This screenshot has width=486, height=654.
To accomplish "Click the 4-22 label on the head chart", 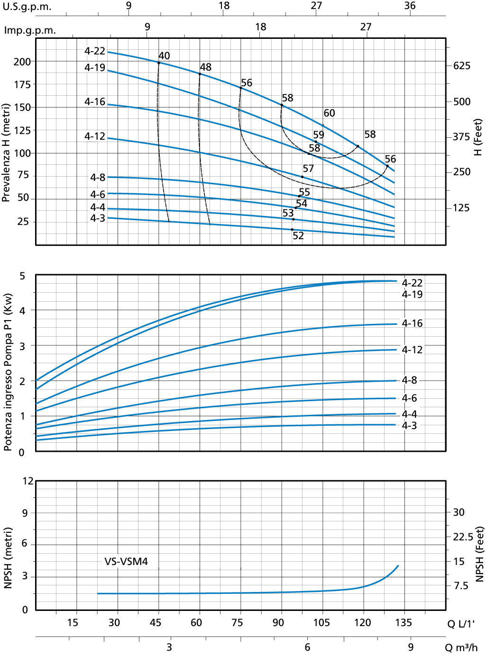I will tap(95, 51).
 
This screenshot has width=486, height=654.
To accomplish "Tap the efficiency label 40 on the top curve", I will tap(164, 56).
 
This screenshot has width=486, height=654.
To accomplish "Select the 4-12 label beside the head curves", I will tap(95, 136).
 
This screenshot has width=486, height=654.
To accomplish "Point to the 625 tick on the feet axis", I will tap(461, 66).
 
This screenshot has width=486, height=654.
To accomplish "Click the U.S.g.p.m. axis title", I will tap(27, 7).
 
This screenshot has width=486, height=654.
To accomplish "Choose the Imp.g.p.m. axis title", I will tap(30, 30).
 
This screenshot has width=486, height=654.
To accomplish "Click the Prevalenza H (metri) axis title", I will tap(6, 153).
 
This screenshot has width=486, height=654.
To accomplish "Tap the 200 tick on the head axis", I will tap(22, 62).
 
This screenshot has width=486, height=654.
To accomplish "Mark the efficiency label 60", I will tap(329, 113).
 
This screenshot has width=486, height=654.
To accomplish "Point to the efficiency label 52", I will tap(298, 236).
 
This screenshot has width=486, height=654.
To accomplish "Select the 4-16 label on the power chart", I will tap(412, 323).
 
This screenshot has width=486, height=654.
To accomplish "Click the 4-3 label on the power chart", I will tap(409, 426).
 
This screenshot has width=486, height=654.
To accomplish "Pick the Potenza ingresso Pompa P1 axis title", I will tap(7, 372).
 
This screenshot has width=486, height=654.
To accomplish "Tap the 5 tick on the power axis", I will tap(22, 276).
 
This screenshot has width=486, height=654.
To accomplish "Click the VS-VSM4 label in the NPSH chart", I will tap(126, 562).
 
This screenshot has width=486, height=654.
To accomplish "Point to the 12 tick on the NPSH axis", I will tap(28, 481).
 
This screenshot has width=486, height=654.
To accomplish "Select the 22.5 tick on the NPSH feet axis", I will tap(463, 537).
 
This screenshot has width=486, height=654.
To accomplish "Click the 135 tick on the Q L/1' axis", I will tap(403, 623).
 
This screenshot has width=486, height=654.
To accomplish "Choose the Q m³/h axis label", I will tap(461, 647).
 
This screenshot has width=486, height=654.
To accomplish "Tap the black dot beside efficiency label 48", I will tap(200, 74).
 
